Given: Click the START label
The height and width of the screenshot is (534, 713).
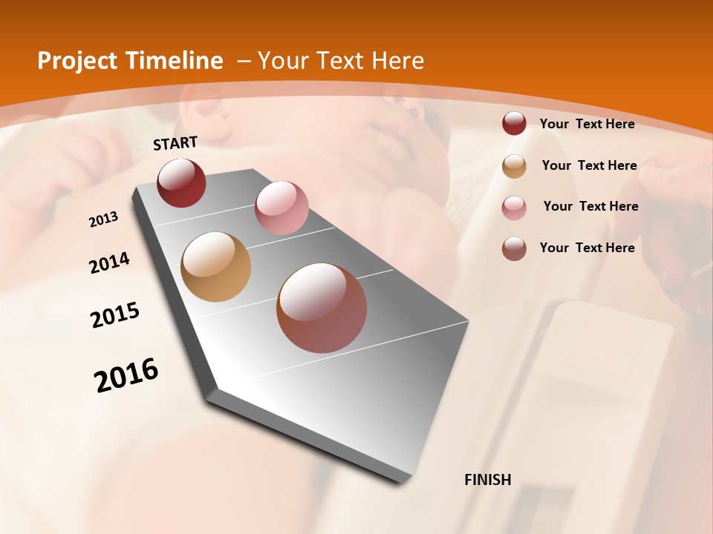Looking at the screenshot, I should (x=175, y=143).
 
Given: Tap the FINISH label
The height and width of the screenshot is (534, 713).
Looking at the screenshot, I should (x=488, y=480).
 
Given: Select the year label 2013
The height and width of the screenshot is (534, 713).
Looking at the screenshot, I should (x=104, y=220).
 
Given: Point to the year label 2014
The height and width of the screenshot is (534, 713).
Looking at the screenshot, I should (x=110, y=263).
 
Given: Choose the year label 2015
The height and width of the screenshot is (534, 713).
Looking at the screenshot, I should (x=115, y=315).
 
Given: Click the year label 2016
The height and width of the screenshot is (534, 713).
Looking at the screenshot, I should (x=126, y=375).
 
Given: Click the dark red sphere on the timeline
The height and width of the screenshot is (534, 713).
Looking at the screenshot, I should (x=181, y=182).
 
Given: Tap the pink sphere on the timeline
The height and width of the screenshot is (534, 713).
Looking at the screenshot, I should (x=281, y=208).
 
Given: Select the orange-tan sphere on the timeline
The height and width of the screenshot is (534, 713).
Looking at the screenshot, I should (x=215, y=267).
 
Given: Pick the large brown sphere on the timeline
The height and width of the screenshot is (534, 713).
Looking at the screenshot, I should (x=322, y=308).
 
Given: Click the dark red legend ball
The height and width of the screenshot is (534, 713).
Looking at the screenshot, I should (x=514, y=124).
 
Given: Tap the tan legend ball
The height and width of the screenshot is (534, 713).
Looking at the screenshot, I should (x=514, y=166).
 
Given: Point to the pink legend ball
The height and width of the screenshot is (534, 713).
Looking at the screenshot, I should (x=514, y=207).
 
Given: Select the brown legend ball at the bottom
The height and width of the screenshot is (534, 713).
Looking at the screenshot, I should (x=514, y=248).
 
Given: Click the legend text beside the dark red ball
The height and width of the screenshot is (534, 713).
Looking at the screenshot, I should (x=587, y=124).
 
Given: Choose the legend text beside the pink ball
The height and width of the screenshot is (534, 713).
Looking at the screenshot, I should (x=590, y=206).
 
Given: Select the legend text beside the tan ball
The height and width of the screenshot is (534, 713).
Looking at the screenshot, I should (x=589, y=165).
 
